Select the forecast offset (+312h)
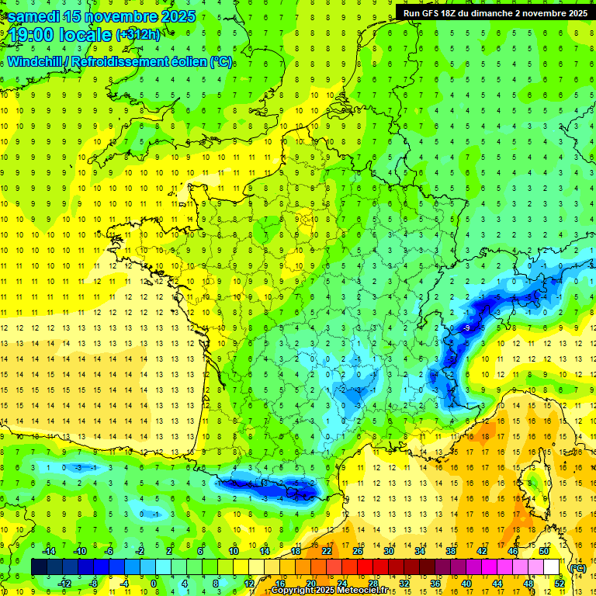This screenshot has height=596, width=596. (x=138, y=35)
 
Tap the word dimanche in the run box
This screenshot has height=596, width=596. (x=497, y=13)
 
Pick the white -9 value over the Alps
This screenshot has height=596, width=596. (x=466, y=329)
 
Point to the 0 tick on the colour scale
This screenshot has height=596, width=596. (x=154, y=583)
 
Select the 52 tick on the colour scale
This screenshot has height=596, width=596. (x=560, y=583)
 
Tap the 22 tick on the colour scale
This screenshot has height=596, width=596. (x=327, y=551)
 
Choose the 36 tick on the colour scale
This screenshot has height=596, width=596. (x=435, y=583)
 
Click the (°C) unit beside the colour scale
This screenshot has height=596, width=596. (x=578, y=567)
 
